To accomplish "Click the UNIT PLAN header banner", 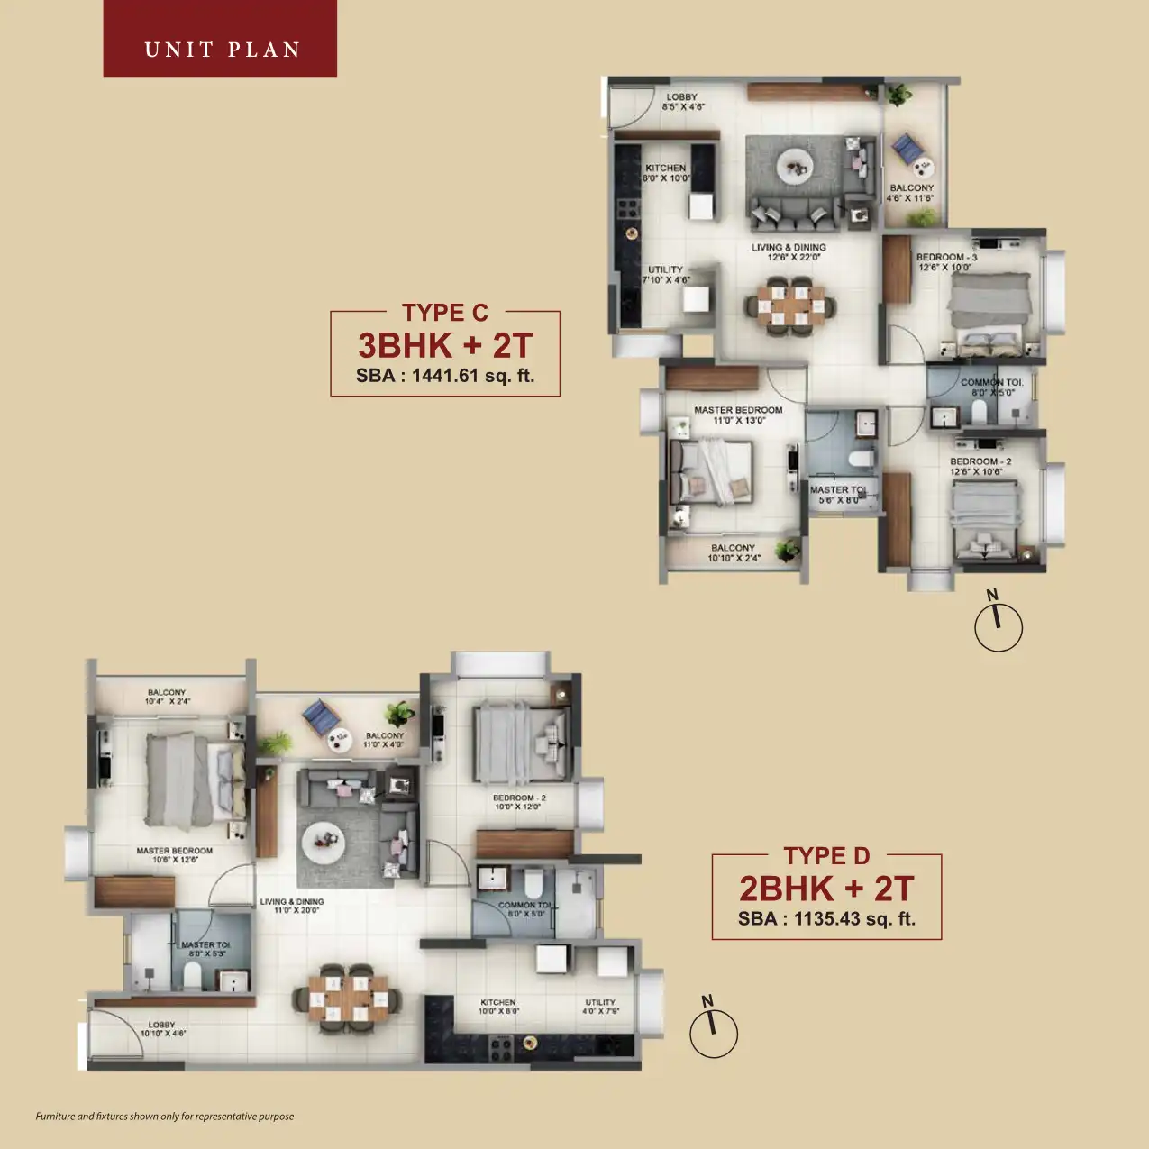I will tap(221, 39).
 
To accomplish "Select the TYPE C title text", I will tap(445, 313).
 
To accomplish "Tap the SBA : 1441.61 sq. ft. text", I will tap(445, 376).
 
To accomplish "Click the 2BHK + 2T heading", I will tap(826, 889).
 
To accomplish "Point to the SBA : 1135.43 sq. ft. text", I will tap(826, 919).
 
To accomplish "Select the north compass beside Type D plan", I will tap(713, 1032).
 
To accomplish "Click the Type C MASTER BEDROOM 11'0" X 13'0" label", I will tap(738, 415).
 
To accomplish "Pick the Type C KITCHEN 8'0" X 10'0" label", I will tap(666, 173).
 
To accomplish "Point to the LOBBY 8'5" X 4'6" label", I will tap(682, 102).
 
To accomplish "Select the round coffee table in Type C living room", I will tap(794, 165).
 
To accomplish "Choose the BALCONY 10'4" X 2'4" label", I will tap(167, 697).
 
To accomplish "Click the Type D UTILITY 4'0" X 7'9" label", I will tap(600, 1007).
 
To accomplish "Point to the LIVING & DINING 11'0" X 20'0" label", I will tap(292, 906).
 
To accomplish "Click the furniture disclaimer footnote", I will tap(165, 1117).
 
